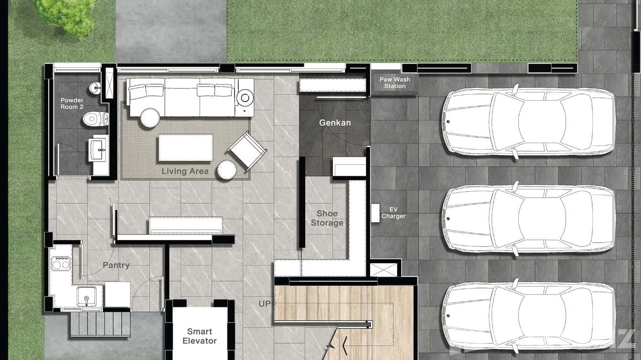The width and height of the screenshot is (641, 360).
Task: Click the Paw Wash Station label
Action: click(395, 83)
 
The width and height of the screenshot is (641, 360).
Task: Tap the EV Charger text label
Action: click(394, 213)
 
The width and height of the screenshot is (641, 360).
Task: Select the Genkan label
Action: click(335, 123)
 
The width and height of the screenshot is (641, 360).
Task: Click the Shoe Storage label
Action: click(327, 218)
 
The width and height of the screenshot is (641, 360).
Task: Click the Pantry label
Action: click(116, 265)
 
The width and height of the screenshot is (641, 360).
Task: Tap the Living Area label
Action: click(185, 171)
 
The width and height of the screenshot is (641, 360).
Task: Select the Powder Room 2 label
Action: click(72, 104)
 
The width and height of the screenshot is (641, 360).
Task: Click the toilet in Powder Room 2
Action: click(96, 119)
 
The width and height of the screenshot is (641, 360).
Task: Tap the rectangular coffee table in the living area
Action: click(186, 148)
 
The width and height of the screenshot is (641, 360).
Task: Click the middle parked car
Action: click(528, 218)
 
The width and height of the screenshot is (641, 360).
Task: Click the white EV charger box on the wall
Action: click(375, 213)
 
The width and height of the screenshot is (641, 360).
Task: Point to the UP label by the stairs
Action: click(264, 304)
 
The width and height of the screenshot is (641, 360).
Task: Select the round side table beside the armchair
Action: click(226, 169)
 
